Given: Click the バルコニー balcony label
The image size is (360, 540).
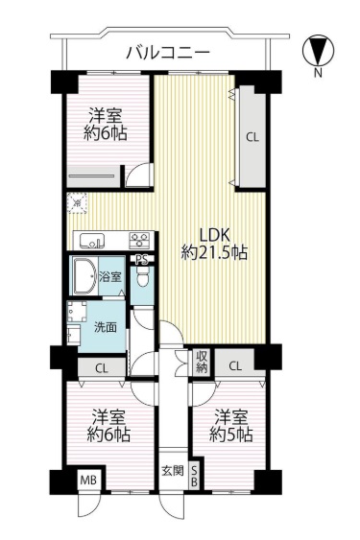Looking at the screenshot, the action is click(x=168, y=53).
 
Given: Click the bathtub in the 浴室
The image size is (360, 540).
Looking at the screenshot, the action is click(x=84, y=276).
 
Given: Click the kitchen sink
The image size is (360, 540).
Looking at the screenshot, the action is click(x=92, y=241).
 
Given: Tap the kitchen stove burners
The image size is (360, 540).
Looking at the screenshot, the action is click(x=139, y=240).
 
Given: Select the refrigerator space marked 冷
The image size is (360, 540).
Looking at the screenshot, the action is click(x=77, y=203).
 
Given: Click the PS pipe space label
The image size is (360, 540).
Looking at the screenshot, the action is click(x=142, y=260).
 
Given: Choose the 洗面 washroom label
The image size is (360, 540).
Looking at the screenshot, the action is click(x=106, y=327).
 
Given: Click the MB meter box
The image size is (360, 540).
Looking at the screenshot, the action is click(x=89, y=480).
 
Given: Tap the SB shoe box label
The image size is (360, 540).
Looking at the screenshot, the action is click(x=194, y=476).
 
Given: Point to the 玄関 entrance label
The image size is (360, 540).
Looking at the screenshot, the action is click(x=173, y=471).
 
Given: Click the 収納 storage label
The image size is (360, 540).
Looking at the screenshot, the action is click(x=202, y=362).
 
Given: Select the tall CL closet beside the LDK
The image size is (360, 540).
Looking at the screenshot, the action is click(x=252, y=137).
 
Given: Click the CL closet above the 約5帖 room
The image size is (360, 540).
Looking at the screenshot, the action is click(x=235, y=365).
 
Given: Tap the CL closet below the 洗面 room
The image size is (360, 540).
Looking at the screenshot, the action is click(x=102, y=368).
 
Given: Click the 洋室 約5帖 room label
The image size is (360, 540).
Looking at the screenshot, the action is click(x=231, y=426).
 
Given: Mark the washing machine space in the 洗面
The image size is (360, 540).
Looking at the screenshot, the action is click(x=77, y=312).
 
